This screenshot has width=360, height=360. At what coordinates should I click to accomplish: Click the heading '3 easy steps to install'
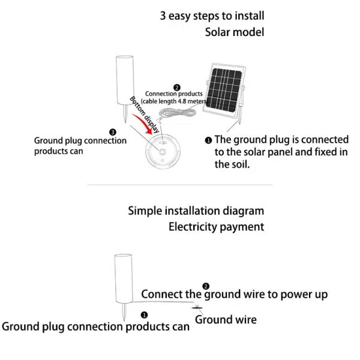(x=212, y=16)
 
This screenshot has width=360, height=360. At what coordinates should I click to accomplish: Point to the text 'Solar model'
(x=234, y=32)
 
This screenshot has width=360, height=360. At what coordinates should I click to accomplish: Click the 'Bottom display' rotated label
(x=145, y=113)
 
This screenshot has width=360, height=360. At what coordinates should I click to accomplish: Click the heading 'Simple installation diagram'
(x=196, y=211)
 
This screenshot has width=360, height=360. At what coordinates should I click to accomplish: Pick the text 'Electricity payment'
(x=216, y=227)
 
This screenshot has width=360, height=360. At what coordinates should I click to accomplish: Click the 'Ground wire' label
(x=226, y=319)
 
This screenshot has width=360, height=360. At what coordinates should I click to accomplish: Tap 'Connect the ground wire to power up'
(x=234, y=294)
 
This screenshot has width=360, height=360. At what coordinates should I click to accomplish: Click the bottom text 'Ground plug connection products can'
(x=96, y=327)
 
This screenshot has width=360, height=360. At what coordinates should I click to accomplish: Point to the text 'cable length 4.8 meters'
(x=176, y=102)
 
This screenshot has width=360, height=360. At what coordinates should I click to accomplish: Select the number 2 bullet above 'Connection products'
(x=176, y=87)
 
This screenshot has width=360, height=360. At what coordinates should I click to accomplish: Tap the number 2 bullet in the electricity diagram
(x=206, y=286)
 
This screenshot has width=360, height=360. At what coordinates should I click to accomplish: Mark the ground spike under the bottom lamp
(x=123, y=311)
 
